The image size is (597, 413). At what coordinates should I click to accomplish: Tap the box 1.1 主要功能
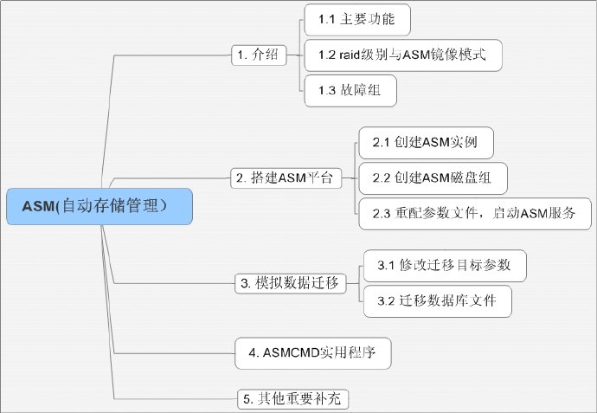356,19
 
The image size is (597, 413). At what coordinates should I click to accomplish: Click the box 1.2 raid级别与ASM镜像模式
403,55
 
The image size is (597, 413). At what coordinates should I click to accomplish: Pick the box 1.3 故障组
350,90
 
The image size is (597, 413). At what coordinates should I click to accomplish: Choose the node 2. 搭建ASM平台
286,177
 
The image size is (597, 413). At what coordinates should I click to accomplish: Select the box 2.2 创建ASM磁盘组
433,177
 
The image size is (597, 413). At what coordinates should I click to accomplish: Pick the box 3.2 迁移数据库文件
438,300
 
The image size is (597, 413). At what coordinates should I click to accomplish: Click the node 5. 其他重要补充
294,399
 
